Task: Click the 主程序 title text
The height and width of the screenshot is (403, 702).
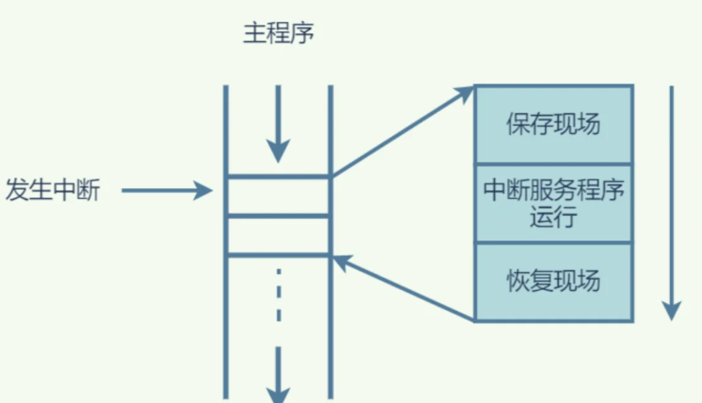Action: [279, 34]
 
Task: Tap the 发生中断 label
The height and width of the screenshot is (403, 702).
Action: [53, 191]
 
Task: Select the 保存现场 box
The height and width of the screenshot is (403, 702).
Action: [553, 125]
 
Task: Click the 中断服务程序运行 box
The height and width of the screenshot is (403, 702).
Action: [553, 203]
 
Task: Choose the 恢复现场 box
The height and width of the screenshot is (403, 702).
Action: [553, 281]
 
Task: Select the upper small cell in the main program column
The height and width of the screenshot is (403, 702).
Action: [279, 196]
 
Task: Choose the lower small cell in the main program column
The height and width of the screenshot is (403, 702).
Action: [279, 235]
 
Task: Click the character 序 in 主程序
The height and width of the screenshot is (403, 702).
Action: [302, 34]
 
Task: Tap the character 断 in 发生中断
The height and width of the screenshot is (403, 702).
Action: [88, 191]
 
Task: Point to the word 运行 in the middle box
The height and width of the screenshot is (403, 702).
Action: [553, 216]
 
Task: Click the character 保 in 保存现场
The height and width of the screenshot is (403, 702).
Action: [518, 125]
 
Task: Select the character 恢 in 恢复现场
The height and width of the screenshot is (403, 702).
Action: [518, 281]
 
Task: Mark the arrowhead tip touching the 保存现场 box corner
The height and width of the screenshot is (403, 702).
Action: [472, 87]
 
